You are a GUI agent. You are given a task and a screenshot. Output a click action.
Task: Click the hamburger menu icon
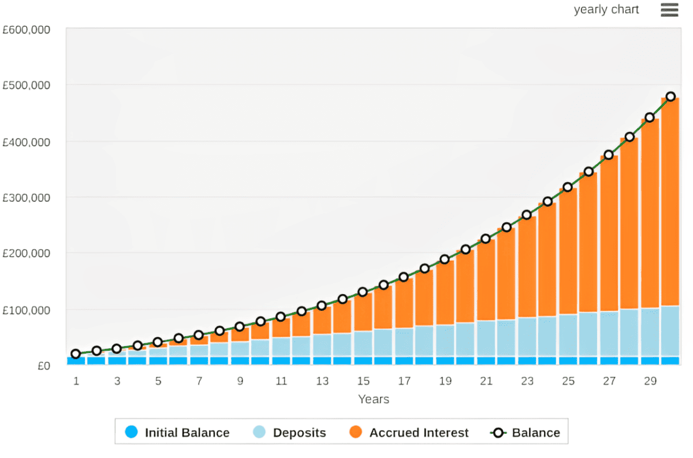669,10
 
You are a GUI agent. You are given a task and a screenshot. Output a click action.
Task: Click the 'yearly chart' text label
606,10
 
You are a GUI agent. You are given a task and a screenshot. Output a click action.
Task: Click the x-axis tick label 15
363,381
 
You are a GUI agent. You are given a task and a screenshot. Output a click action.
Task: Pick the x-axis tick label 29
650,381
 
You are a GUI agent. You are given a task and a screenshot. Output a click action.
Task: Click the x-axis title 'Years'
373,399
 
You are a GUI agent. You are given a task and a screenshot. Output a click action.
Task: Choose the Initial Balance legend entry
178,433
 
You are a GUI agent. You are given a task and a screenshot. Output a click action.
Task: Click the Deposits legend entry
290,433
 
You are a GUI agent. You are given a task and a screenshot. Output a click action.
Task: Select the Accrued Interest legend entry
409,433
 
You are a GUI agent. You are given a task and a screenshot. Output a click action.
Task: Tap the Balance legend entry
525,433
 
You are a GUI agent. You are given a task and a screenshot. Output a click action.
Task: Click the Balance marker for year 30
670,97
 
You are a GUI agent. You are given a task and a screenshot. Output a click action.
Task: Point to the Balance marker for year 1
76,354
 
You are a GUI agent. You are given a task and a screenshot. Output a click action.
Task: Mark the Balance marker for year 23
527,215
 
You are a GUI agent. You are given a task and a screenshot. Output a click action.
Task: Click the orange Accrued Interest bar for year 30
670,202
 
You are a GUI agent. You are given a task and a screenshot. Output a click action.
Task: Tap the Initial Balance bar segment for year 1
76,361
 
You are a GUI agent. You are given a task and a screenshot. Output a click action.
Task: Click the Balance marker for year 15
363,292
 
